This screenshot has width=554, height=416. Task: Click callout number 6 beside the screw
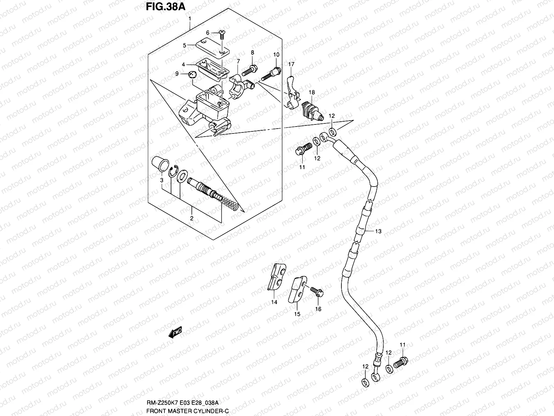click(x=208, y=33)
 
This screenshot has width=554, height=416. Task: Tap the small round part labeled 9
click(x=193, y=74)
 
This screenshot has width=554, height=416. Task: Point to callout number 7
click(x=238, y=62)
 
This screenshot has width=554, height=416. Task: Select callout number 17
click(x=292, y=64)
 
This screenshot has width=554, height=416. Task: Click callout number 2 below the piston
click(x=191, y=218)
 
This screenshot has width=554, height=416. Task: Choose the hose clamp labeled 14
click(x=277, y=278)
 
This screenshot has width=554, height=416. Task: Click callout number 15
click(x=297, y=314)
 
